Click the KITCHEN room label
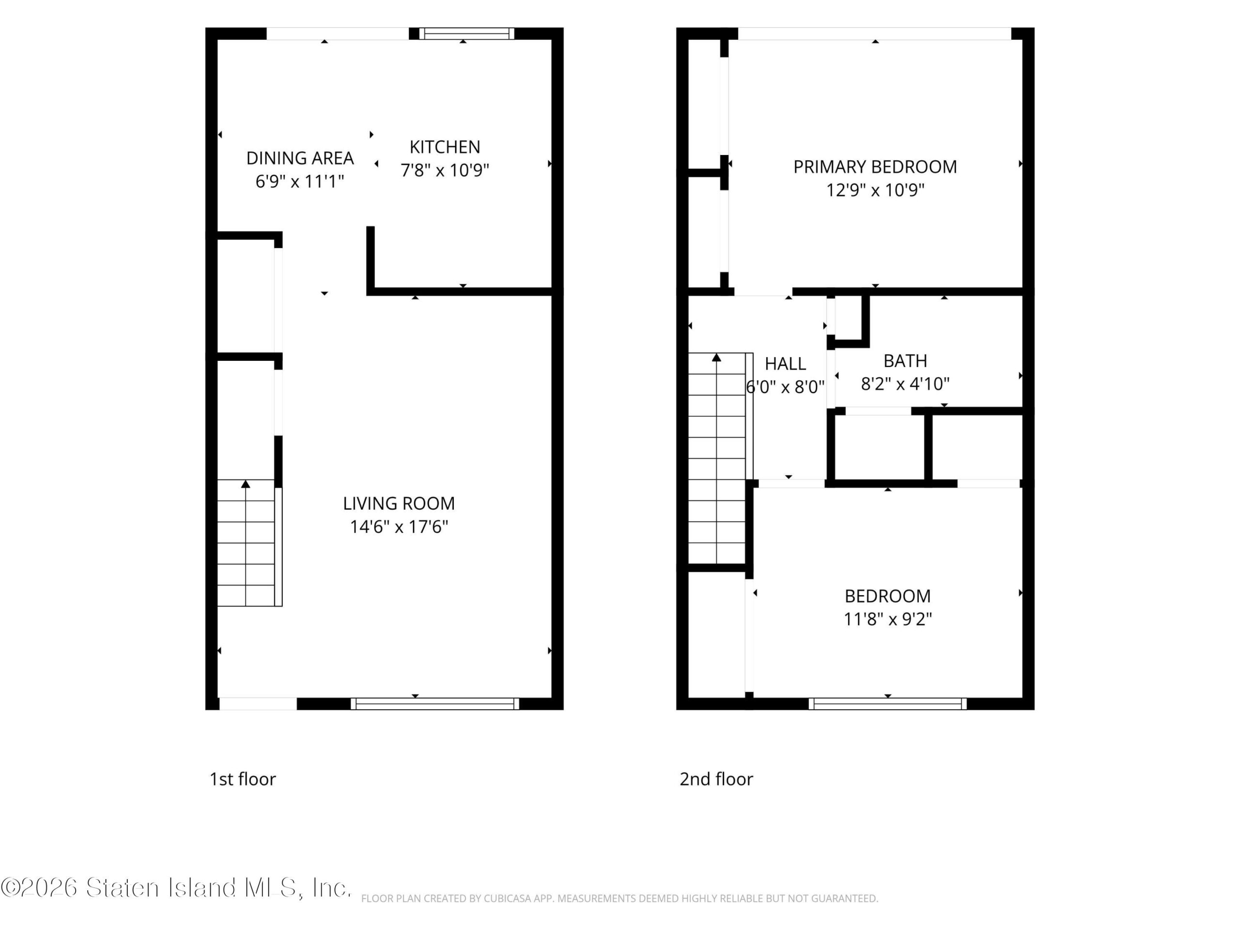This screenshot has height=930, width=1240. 445,147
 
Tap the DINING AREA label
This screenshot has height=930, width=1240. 300,158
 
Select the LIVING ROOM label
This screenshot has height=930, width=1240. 399,503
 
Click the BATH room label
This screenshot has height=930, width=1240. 905,360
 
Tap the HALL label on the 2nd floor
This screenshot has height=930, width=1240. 785,364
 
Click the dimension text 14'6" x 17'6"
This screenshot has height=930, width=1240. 399,527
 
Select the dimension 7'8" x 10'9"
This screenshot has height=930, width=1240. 445,170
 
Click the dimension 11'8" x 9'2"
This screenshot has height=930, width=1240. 887,619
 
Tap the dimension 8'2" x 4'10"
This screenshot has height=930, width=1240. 905,384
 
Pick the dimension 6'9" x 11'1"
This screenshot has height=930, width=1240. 300,182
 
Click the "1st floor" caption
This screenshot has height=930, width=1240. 243,779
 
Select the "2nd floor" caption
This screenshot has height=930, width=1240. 716,779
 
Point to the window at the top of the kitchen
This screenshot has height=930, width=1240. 466,33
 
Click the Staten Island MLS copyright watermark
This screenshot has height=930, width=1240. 176,887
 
